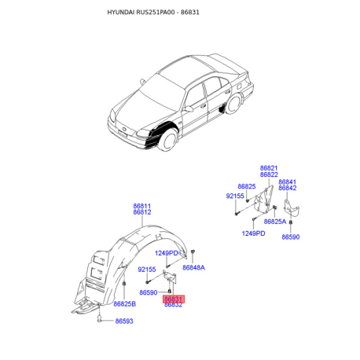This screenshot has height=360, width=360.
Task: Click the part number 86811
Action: click(142, 206)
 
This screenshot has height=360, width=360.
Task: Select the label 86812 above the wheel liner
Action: click(142, 212)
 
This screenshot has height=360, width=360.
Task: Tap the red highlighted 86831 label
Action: click(174, 299)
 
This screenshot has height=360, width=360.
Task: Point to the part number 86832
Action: click(173, 305)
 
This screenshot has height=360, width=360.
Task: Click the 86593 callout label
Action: click(124, 321)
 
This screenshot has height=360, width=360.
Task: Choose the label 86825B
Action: click(125, 304)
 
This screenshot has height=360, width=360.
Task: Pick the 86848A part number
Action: click(193, 267)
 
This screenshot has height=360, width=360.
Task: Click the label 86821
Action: click(269, 168)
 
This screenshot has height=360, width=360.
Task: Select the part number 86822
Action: click(269, 174)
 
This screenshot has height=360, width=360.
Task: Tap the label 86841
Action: click(288, 182)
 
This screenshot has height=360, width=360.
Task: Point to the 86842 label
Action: click(288, 188)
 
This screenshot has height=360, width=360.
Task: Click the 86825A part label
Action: click(275, 222)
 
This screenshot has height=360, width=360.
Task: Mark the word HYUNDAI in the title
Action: click(121, 13)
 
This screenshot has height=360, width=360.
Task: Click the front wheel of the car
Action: click(167, 139)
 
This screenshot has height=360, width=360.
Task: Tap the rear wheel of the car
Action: click(233, 104)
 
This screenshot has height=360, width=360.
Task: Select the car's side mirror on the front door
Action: click(188, 108)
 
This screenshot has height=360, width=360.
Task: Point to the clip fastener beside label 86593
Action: click(100, 319)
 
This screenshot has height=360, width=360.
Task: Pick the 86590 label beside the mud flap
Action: click(291, 237)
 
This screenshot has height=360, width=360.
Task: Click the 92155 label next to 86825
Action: click(235, 196)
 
